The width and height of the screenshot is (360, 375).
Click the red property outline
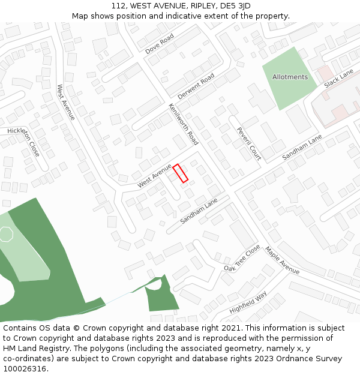[x=181, y=173]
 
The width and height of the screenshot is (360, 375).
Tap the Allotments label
[x=290, y=77]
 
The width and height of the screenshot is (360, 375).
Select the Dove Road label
[x=160, y=44]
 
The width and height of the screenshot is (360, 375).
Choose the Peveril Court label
[x=248, y=144]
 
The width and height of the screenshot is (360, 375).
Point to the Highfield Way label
[x=248, y=302]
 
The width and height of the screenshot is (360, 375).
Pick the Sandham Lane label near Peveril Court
[x=302, y=148]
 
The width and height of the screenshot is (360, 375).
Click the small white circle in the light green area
[x=6, y=234]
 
